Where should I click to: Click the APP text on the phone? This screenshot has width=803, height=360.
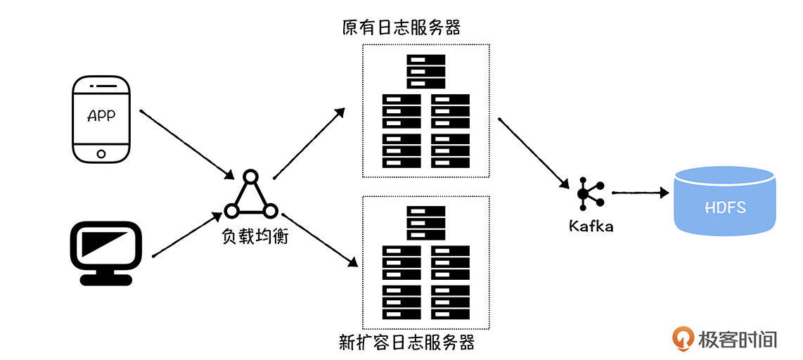(101, 116)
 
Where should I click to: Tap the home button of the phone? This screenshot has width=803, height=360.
(101, 153)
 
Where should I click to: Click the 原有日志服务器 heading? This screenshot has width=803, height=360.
(401, 28)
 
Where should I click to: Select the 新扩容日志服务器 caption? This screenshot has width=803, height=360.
(407, 343)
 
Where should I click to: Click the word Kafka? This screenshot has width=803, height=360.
(591, 226)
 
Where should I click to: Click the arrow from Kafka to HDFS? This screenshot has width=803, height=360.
(639, 191)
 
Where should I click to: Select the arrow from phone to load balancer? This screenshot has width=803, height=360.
(186, 143)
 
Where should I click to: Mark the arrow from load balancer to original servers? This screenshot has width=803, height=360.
(309, 143)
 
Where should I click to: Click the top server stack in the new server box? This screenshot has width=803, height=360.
(426, 223)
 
